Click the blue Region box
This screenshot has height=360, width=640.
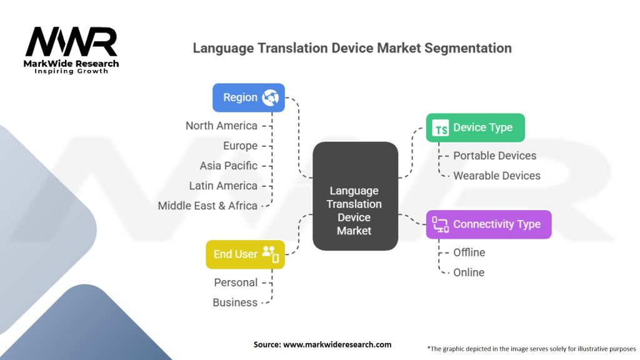249,97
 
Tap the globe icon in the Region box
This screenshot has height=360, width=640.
270,97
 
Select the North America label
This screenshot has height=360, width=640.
221,126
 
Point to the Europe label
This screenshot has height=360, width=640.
240,146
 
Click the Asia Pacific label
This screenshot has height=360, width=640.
228,166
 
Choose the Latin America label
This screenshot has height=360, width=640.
223,186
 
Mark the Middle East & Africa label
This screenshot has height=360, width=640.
207,206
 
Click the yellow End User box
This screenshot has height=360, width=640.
245,254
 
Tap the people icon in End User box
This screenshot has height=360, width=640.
271,254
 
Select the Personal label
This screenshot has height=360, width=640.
236,282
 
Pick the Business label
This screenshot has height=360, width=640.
235,302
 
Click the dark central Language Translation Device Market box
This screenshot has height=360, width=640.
355,196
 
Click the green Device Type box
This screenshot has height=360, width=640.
476,127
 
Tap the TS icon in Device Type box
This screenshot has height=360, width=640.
441,127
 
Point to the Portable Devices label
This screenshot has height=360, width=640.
495,156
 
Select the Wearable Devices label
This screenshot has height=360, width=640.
497,176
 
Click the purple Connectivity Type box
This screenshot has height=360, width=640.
489,224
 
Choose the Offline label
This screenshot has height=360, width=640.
469,252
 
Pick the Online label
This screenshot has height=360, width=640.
469,272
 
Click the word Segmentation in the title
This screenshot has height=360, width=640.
467,49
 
